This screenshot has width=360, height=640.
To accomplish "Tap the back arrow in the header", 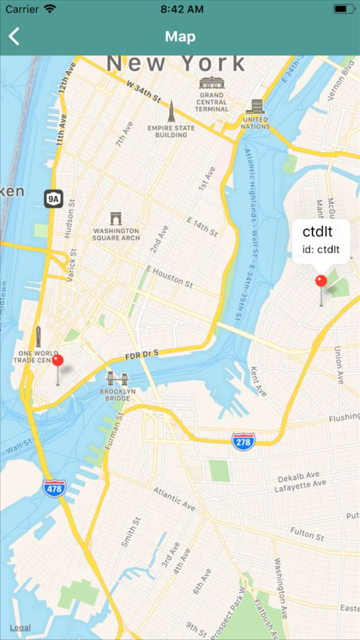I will pos(14,36).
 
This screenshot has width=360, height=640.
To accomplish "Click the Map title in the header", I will pos(180,36).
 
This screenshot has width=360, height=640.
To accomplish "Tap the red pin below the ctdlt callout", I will pos(321,281).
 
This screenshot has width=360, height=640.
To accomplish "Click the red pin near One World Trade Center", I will pos(58,361).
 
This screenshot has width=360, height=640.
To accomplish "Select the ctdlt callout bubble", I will pos(321,241).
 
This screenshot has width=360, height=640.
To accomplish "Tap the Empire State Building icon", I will pos(171,111).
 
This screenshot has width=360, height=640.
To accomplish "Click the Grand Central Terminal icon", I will pos(212,83).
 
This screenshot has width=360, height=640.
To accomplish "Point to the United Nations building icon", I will pos(256,106).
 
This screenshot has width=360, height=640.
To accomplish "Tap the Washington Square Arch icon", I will pos(116,219).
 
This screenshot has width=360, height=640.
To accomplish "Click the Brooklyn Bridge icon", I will pos(118,379).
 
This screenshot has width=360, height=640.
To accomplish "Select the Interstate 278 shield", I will pos(243,441).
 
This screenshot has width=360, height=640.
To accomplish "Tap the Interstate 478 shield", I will pos(54,489).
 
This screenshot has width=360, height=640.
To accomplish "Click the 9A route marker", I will pos(53,198).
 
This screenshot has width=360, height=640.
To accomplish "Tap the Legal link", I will pos(20,628).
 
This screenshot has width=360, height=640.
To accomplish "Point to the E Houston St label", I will pos(169,276).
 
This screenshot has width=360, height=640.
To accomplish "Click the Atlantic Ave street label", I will pos(174,498).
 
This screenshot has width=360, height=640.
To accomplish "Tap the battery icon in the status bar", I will pos(343,9).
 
